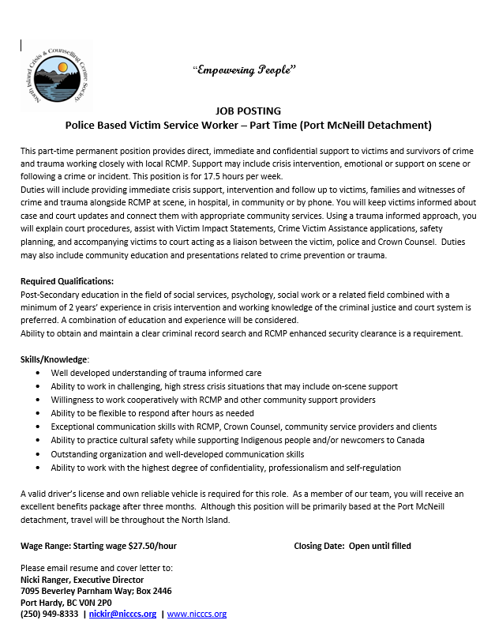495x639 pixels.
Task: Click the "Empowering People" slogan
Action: [244, 70]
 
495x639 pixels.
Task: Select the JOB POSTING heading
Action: [247, 111]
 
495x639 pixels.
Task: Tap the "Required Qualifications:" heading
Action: [67, 281]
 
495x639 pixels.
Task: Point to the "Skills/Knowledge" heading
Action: [54, 359]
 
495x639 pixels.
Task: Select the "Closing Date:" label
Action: [319, 546]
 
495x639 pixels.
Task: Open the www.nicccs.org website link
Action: [197, 614]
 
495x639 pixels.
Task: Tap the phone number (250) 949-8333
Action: [49, 614]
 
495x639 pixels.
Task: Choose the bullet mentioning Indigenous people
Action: [237, 440]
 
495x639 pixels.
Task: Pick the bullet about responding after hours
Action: [152, 413]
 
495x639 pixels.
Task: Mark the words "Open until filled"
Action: [380, 546]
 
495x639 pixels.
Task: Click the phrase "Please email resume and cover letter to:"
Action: [96, 568]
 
